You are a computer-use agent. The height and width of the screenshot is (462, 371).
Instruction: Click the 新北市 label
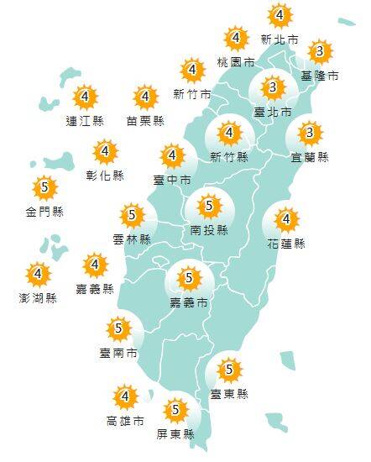coord(280,39)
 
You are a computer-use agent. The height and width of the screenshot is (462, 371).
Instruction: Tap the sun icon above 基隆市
coord(317,53)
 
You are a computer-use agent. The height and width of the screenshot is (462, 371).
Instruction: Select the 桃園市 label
coord(236,62)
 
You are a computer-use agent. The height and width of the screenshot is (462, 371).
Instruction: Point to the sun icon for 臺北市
coord(271,87)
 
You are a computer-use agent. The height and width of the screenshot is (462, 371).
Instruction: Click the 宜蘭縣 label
coord(311,157)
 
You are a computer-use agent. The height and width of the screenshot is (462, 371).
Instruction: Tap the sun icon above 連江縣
coord(84,97)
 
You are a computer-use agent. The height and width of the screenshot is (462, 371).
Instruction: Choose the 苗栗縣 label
coord(145,121)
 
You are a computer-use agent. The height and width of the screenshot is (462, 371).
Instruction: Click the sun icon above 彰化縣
coord(105,153)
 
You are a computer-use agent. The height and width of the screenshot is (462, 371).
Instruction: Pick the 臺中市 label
coord(172,179)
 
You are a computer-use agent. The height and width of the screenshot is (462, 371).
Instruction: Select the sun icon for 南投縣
coord(208,204)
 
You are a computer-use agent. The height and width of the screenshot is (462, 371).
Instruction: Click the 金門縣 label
coord(44,211)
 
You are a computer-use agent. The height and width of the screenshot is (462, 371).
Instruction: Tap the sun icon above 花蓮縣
coord(286,220)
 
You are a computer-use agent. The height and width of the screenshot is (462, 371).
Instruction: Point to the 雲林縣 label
coord(131,239)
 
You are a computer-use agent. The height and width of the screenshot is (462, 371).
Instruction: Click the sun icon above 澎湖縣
coord(37,274)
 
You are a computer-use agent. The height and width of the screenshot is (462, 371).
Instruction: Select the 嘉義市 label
coord(188,302)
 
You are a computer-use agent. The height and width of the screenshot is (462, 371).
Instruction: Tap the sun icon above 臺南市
coord(118,328)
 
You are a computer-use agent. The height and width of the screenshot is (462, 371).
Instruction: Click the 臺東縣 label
coord(229,393)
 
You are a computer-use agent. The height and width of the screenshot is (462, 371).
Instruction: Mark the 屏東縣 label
coord(175,434)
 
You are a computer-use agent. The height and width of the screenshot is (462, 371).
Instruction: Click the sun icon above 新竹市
coord(192,70)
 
